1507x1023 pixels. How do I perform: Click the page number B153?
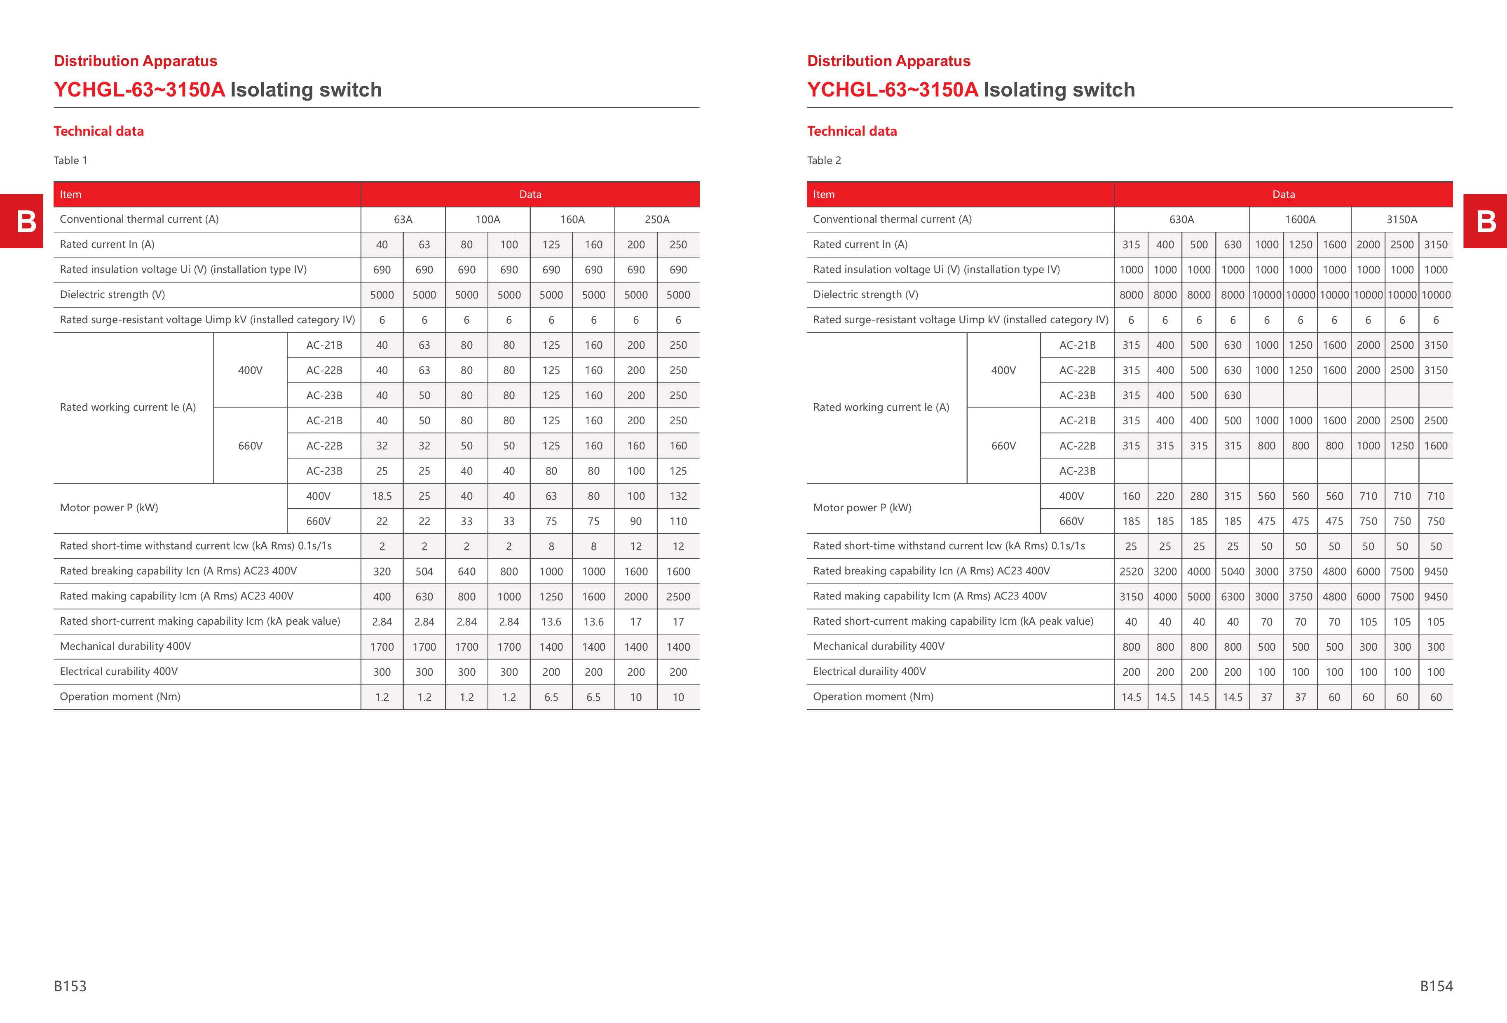click(70, 986)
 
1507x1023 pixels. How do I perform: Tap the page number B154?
click(1436, 986)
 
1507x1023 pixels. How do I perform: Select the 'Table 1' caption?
click(70, 160)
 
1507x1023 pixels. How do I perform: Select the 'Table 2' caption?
click(823, 160)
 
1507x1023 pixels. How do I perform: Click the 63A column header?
click(403, 219)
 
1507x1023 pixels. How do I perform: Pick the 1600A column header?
click(1300, 219)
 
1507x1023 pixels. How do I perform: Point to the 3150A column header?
click(1402, 219)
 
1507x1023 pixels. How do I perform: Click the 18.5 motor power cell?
click(382, 496)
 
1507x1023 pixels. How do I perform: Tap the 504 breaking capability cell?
click(424, 571)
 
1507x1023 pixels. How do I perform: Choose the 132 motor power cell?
click(677, 496)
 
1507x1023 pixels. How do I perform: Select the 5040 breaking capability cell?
click(1232, 571)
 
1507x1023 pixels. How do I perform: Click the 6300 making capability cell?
click(1232, 597)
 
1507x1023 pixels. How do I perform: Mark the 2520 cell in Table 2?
click(1131, 571)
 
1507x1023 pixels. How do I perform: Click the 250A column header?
click(657, 219)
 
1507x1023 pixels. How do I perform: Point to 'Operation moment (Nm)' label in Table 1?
click(120, 697)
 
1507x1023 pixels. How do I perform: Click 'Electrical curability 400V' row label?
click(119, 671)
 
